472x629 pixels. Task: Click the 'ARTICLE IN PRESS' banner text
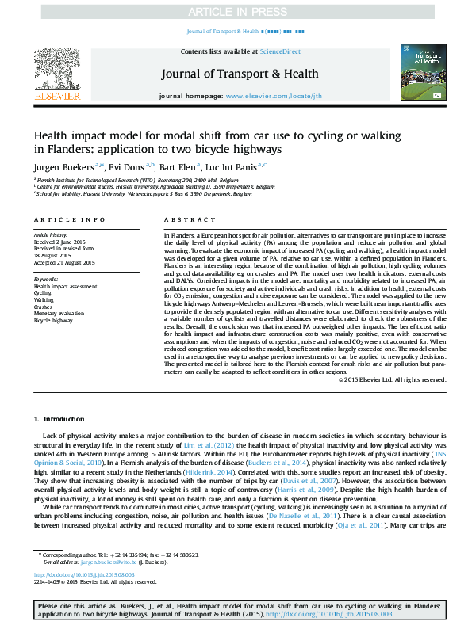coord(236,12)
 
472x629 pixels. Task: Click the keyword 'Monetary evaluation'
coord(59,314)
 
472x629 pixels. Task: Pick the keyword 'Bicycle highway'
coord(53,321)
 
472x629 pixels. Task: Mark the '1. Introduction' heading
coord(52,417)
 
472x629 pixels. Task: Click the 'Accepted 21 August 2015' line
coord(63,262)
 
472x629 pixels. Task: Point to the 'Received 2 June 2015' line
coord(59,242)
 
